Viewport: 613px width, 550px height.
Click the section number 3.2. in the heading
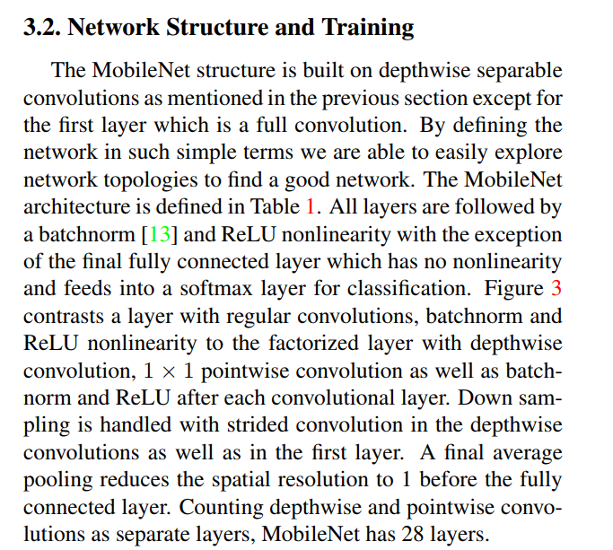(42, 27)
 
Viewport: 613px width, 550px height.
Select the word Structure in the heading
(217, 27)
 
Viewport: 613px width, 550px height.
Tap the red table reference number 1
(311, 206)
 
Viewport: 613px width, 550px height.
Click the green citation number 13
(160, 234)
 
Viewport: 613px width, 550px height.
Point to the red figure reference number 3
(556, 288)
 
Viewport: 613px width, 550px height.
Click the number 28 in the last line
(413, 534)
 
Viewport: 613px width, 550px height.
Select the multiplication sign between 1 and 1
(169, 371)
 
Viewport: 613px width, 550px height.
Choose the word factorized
(313, 343)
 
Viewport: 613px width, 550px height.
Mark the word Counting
(222, 508)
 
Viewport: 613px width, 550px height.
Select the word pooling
(57, 481)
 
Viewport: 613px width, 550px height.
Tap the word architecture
(76, 206)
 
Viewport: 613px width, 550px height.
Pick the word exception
(517, 235)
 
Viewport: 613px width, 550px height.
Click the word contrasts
(64, 316)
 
